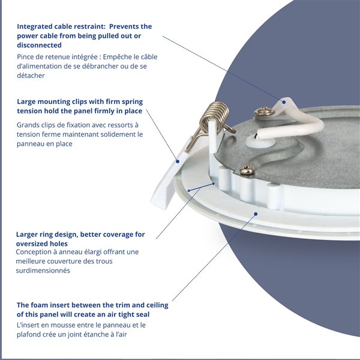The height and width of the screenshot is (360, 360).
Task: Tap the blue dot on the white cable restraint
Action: tap(284, 102)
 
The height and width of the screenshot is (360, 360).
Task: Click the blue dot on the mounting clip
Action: tap(178, 161)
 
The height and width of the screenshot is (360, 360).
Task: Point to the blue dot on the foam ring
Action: tap(256, 214)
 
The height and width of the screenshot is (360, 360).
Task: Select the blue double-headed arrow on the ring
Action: tap(201, 187)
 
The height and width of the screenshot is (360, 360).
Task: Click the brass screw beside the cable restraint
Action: tap(265, 112)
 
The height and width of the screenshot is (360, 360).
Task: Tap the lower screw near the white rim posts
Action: tap(247, 170)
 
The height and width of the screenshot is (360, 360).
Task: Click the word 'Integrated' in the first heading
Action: tap(34, 26)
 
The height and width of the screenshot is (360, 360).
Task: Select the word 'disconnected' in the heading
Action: tap(39, 45)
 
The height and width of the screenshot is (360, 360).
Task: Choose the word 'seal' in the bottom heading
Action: tap(142, 314)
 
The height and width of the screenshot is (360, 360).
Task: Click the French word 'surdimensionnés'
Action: tap(43, 271)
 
